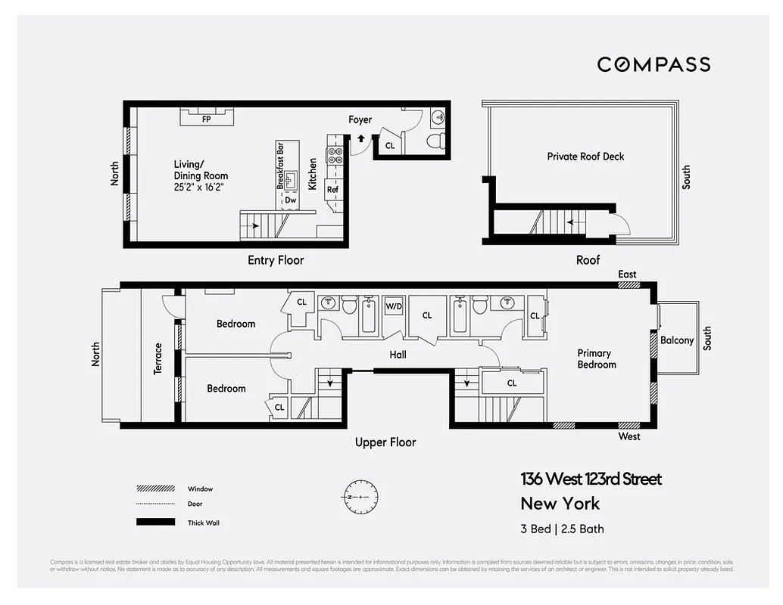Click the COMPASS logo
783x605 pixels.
654,64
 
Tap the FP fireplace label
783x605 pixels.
206,119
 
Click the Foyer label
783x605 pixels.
360,119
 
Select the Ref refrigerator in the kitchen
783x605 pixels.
332,190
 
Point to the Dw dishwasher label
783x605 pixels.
290,200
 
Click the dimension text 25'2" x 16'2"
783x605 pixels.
200,186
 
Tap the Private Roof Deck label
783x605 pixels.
585,157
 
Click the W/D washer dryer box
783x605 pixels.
394,306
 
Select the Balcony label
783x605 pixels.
676,340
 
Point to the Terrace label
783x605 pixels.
158,358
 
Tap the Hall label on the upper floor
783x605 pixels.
398,354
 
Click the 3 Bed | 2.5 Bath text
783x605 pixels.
562,529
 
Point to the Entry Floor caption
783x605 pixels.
276,260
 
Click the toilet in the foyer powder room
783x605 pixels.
435,141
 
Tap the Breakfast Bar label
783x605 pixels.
280,165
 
